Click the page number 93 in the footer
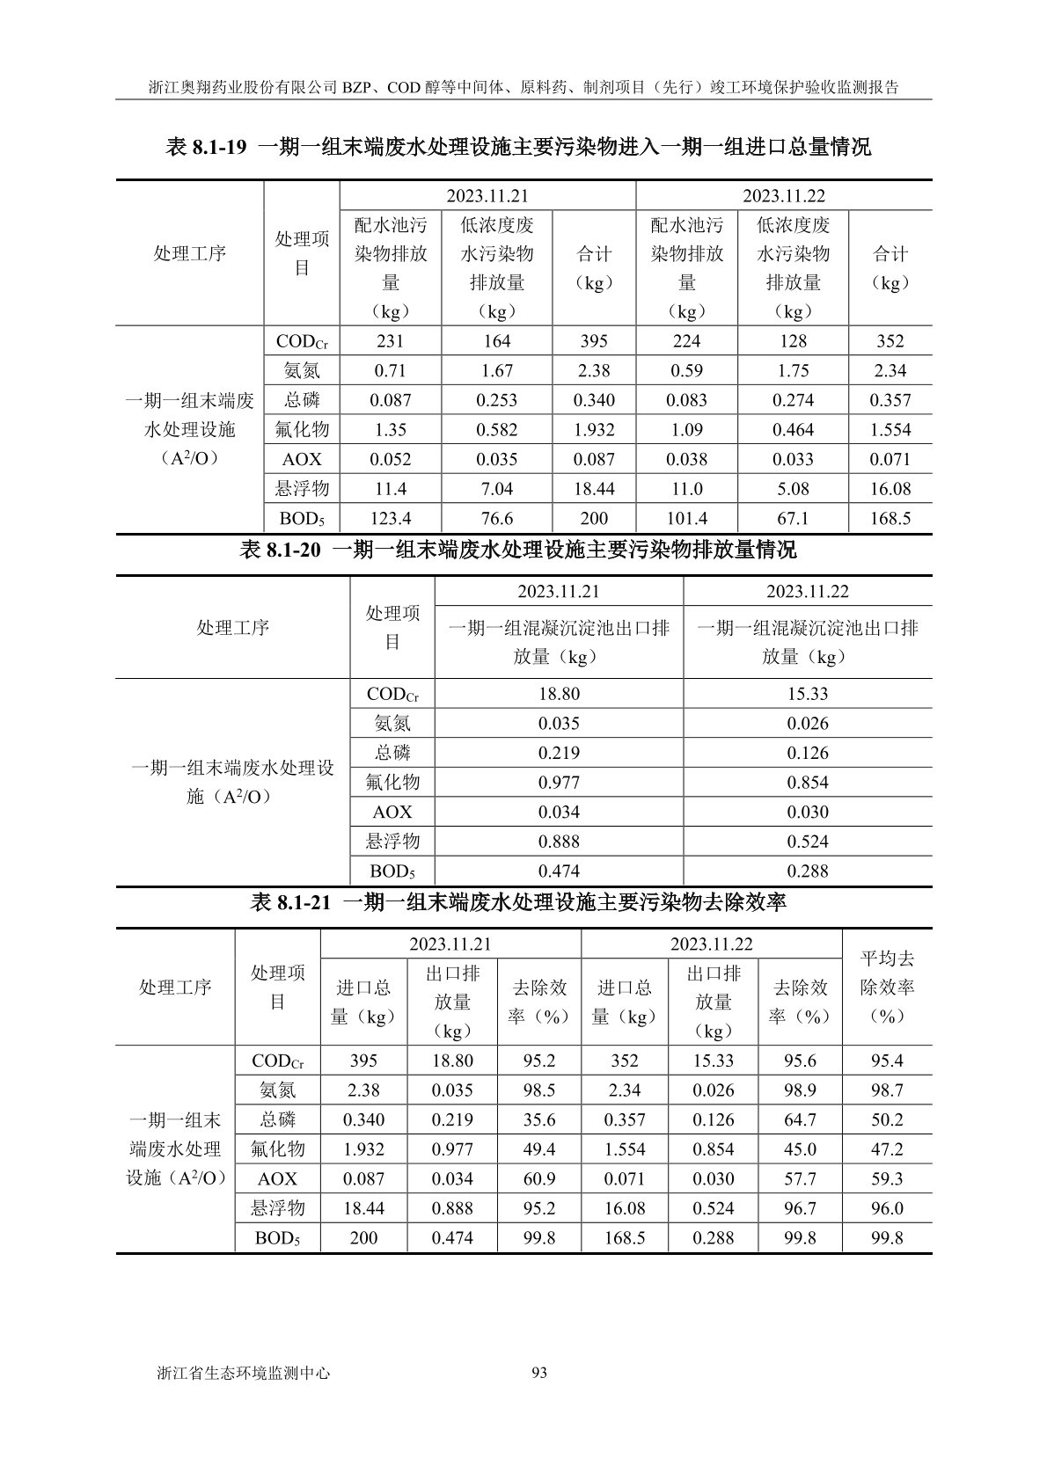(x=539, y=1373)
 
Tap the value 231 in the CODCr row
(x=391, y=341)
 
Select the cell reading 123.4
(x=391, y=519)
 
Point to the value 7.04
(x=496, y=489)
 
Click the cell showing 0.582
(x=496, y=430)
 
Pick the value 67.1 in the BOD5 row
(x=793, y=519)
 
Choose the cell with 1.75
(x=793, y=371)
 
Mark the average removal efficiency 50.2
(x=887, y=1120)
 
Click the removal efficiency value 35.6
(x=538, y=1120)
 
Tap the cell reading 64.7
(x=800, y=1120)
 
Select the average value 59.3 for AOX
(x=887, y=1179)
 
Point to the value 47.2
(x=887, y=1149)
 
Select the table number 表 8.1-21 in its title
(x=289, y=902)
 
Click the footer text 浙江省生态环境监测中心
(x=242, y=1373)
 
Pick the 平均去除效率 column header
(x=887, y=987)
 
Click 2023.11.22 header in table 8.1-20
(x=807, y=592)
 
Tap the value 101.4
(x=686, y=519)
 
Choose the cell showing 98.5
(x=538, y=1090)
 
